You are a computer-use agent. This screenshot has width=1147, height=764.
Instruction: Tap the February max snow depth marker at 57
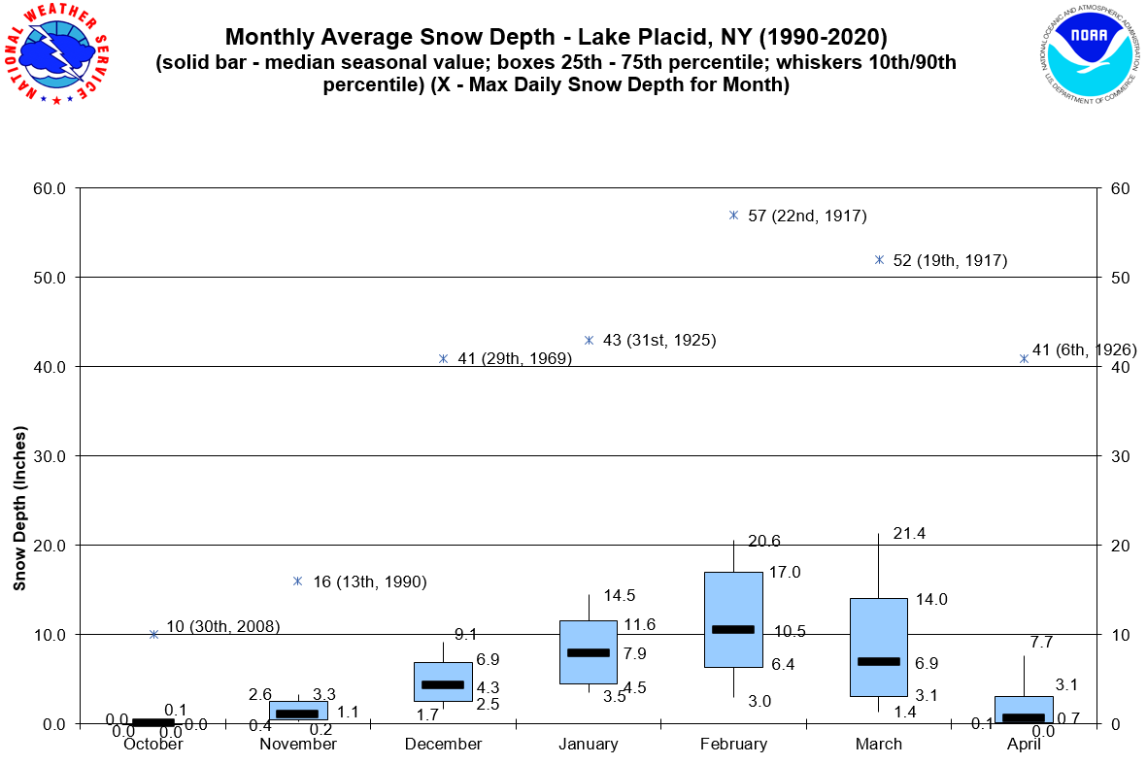point(733,215)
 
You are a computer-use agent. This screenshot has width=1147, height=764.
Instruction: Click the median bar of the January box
point(589,652)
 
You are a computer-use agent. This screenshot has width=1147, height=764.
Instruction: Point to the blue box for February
point(733,602)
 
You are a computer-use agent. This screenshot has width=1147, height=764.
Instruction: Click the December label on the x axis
point(444,744)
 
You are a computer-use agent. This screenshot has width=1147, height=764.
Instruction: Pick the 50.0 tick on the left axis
point(46,278)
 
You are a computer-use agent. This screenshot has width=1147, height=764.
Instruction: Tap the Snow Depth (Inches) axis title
point(19,508)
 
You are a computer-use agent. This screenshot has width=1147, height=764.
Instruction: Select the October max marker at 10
point(153,634)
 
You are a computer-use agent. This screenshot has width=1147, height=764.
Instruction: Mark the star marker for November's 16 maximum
point(298,581)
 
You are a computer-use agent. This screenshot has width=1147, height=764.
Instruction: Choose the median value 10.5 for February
point(790,631)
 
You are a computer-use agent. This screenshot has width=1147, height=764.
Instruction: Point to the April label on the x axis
point(1024,744)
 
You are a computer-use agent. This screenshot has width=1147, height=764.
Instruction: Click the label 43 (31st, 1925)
point(659,340)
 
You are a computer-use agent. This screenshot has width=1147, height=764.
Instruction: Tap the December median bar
point(443,684)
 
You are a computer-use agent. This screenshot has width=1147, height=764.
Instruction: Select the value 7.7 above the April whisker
point(1041,642)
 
